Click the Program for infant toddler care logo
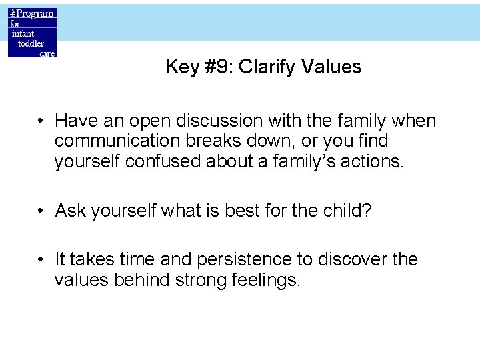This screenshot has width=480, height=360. pyautogui.click(x=32, y=33)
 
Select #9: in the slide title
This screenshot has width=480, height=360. pyautogui.click(x=217, y=67)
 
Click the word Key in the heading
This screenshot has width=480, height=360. pyautogui.click(x=181, y=67)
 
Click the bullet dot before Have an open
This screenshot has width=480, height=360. pyautogui.click(x=41, y=121)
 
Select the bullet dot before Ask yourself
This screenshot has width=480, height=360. pyautogui.click(x=41, y=211)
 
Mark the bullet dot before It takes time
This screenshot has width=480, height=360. pyautogui.click(x=41, y=260)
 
